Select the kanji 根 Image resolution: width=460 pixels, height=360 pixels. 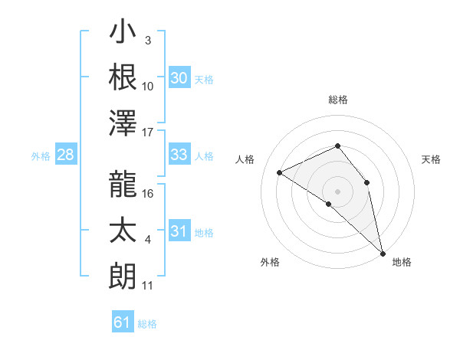pos(123,77)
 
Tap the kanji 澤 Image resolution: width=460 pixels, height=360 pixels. pos(123,123)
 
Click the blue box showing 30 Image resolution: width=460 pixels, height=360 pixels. pos(179,77)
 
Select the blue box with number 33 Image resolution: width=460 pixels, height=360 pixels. pos(179,155)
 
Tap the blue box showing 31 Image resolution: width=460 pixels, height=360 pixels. pos(179,231)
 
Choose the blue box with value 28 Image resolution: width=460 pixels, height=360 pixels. pos(66,155)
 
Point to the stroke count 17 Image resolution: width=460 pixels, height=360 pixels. pos(148,133)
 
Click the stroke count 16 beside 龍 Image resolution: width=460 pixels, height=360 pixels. pos(149,194)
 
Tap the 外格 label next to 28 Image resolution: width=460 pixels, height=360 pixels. pos(41,156)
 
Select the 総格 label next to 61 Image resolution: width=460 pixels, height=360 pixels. pos(147,324)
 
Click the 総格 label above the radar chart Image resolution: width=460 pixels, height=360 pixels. pos(337,100)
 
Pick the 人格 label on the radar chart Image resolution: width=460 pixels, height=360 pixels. pos(245,160)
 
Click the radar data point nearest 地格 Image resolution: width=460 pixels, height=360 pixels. pos(383,252)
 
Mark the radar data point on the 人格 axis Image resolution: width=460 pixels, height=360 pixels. pos(280,173)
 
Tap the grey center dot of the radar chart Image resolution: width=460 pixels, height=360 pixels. pos(337,190)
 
